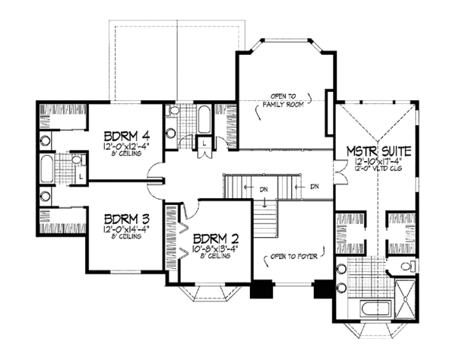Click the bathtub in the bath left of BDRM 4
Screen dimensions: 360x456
(x=47, y=167)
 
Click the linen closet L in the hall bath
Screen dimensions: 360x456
(x=204, y=143)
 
